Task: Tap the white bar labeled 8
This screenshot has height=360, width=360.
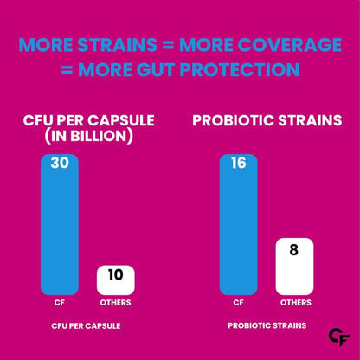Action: [x=294, y=267]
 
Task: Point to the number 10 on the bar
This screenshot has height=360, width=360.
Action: [x=115, y=277]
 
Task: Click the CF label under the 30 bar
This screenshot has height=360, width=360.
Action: [x=59, y=304]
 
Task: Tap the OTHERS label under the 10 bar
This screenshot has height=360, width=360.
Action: [x=115, y=304]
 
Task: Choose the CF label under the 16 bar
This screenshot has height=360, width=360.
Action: [x=238, y=304]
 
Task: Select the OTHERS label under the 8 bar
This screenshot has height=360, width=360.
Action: [x=294, y=304]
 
